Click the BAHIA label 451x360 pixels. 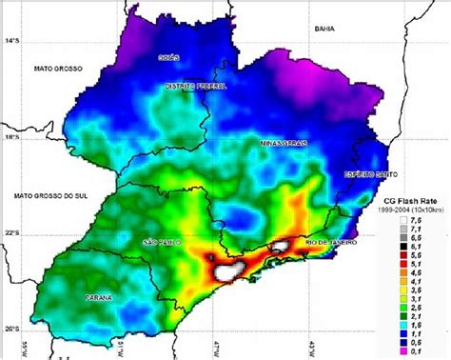327,30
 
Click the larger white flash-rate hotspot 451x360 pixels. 228,271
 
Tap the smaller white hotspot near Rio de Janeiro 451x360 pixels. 279,247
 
